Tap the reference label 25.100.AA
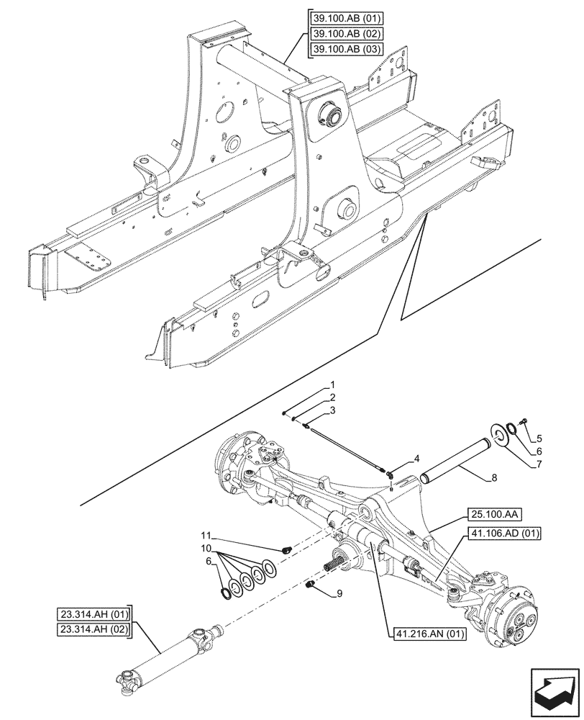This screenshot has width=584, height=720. coord(496,514)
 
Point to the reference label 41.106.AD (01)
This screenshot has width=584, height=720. coord(506,534)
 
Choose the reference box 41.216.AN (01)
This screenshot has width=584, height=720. coord(430,634)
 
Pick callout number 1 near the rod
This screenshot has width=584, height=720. coord(333,385)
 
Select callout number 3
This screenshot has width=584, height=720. coord(333,410)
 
